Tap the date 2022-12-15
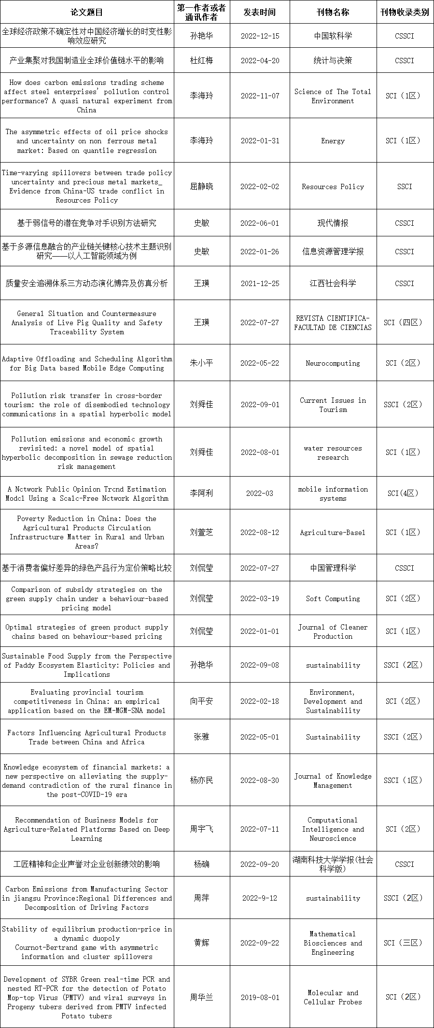coord(260,36)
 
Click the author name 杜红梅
coord(201,61)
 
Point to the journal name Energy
coord(333,141)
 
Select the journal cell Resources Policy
coord(333,187)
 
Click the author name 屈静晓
coord(201,187)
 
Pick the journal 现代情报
coord(333,223)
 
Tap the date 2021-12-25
coord(260,284)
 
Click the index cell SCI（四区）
coord(405,323)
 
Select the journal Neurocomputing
coord(333,363)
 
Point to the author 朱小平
coord(201,363)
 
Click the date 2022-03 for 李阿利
coord(260,493)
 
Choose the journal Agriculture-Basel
coord(333,533)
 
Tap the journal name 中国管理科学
coord(333,568)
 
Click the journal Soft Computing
coord(333,599)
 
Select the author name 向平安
coord(201,701)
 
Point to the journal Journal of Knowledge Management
coord(333,781)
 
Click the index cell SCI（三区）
coord(405,943)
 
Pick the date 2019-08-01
coord(260,997)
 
